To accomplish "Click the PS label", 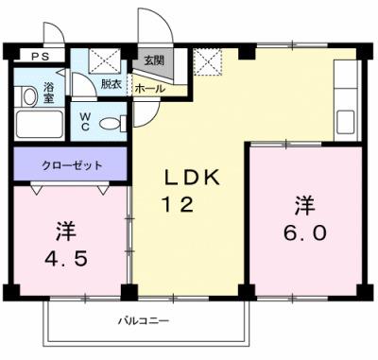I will pos(38,57).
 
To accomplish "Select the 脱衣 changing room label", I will pos(111,83).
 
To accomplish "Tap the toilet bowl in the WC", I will pos(111,122).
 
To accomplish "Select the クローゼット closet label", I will pos(71,165).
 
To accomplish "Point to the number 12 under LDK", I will pos(183,202).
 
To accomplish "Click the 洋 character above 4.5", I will pos(64,230).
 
